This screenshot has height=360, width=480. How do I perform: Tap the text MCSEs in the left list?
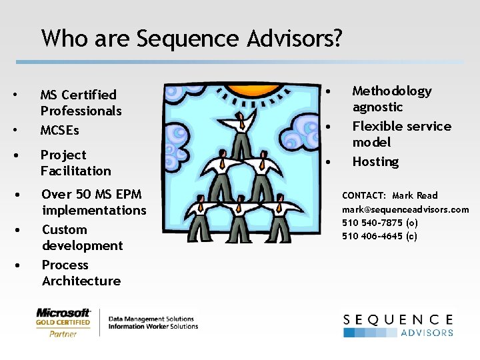59,130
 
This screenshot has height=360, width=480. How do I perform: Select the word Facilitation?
75,171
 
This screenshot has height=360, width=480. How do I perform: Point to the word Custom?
64,229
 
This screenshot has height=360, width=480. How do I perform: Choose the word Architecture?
81,281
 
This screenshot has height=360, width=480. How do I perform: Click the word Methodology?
392,91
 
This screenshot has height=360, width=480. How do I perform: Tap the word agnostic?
377,107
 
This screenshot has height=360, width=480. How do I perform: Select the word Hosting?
375,161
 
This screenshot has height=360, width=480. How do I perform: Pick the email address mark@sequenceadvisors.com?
405,209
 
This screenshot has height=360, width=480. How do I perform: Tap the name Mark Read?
415,195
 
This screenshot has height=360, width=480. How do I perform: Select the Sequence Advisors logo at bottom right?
398,325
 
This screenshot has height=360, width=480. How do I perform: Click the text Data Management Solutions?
151,319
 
